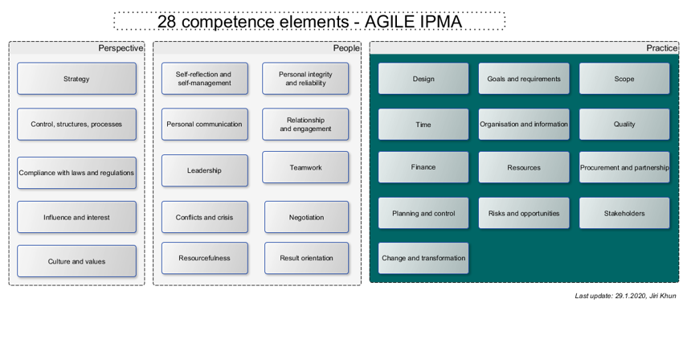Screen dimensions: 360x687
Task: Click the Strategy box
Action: click(x=76, y=79)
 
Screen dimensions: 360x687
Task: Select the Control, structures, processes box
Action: click(x=76, y=125)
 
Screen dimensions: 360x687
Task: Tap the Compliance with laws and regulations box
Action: click(x=76, y=173)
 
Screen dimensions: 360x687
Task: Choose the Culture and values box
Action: click(x=76, y=261)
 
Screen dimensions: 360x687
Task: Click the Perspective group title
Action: click(x=121, y=48)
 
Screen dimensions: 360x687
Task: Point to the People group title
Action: click(x=346, y=48)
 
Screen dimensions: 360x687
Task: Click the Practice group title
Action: click(x=662, y=48)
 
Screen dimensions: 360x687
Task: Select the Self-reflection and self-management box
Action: click(x=203, y=79)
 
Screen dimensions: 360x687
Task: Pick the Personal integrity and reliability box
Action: click(x=305, y=79)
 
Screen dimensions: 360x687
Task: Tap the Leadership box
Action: click(x=203, y=170)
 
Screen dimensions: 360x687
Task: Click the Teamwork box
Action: click(x=305, y=167)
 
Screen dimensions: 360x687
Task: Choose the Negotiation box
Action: click(x=306, y=217)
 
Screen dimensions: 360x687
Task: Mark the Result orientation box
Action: click(x=306, y=258)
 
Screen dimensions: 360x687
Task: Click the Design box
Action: click(x=423, y=79)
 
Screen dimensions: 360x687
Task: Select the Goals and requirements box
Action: click(x=524, y=79)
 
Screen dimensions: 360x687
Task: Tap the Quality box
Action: click(x=624, y=125)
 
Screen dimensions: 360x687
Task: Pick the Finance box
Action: click(x=423, y=167)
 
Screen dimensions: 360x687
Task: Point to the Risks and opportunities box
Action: click(x=524, y=214)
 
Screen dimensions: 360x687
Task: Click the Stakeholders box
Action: click(x=624, y=214)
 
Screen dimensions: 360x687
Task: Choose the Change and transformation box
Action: click(x=423, y=258)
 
